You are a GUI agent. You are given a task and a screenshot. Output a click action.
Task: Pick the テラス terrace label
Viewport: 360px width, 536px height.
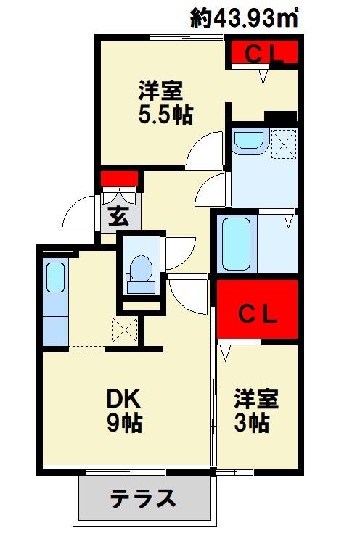[x=144, y=499]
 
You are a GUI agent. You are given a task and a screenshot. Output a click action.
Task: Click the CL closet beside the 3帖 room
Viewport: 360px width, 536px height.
[x=258, y=313]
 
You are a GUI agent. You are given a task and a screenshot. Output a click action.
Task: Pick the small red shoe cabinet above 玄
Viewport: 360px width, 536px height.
[x=119, y=178]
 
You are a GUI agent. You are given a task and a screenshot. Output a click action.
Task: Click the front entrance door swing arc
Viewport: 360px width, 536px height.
[x=80, y=215]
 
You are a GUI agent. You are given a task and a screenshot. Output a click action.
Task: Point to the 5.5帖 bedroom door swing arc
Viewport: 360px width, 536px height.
[x=205, y=152]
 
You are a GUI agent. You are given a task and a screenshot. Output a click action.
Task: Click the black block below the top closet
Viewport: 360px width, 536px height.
[x=280, y=116]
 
